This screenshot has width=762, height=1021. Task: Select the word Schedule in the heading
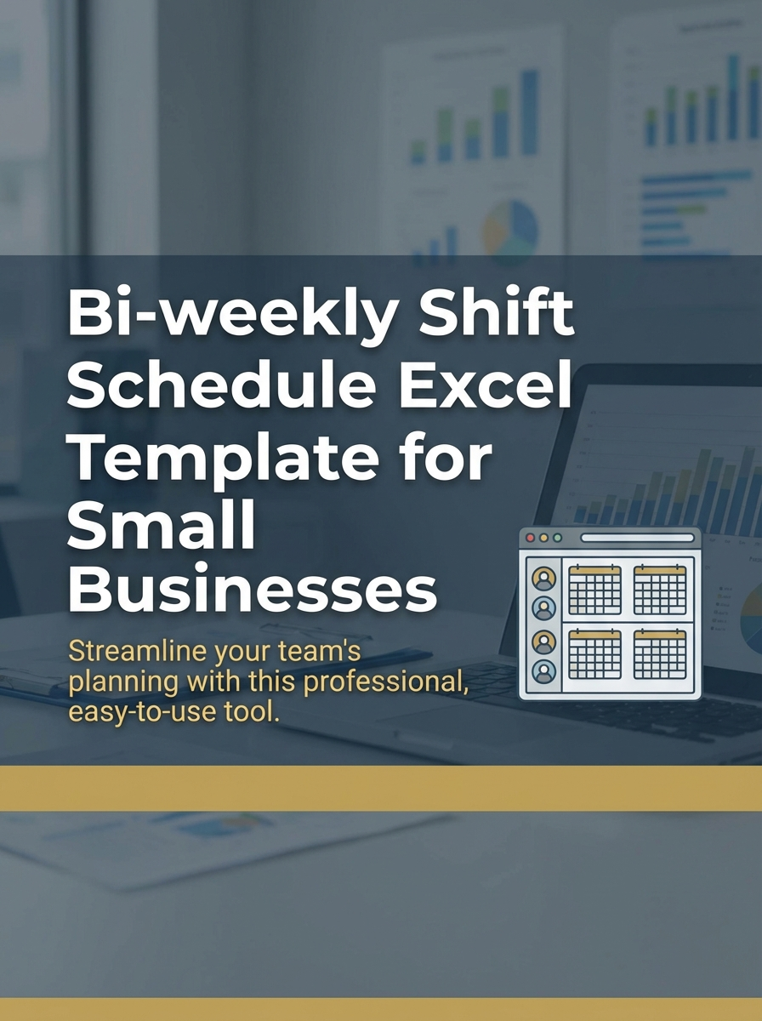pos(221,387)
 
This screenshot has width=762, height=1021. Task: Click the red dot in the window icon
pos(531,539)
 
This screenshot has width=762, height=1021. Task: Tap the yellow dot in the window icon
pos(543,539)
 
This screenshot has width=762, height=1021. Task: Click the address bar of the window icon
pos(637,539)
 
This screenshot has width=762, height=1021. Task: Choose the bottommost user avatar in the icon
pos(543,670)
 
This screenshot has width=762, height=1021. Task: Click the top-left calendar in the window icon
pos(594,588)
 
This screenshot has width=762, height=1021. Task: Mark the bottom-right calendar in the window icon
pos(660,653)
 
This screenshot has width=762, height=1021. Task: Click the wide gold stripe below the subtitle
pos(381,788)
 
